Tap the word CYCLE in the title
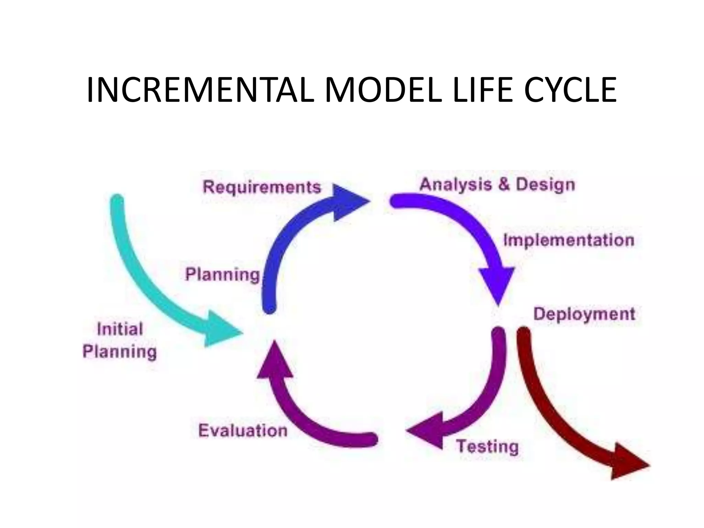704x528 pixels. (x=570, y=90)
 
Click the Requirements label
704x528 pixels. (x=262, y=188)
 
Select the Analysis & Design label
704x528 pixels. (x=497, y=185)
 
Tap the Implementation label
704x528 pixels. (x=569, y=240)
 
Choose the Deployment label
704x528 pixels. (x=584, y=314)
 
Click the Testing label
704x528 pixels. (x=487, y=447)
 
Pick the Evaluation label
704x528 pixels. (x=243, y=431)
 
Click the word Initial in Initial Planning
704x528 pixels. (x=120, y=329)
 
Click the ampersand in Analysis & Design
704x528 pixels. (x=504, y=185)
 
